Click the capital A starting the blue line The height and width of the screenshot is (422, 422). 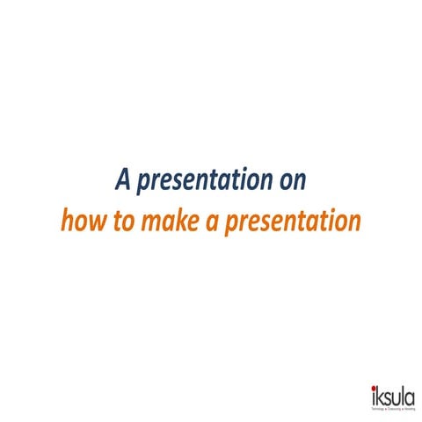(123, 181)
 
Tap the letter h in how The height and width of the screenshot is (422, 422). (66, 218)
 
